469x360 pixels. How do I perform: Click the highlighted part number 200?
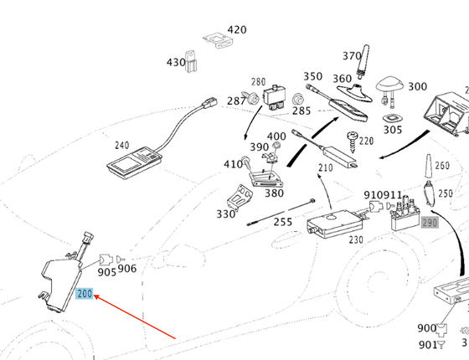(85, 294)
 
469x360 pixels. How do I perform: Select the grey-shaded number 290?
(430, 223)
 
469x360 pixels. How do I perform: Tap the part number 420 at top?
(237, 30)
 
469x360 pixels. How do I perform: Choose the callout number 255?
(283, 222)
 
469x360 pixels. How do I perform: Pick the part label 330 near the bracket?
(225, 213)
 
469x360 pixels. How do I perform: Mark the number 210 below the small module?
(325, 168)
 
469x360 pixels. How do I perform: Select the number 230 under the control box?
(357, 240)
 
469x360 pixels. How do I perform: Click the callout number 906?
(126, 268)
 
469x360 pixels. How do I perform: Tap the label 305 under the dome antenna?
(392, 129)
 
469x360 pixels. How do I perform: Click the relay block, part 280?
(277, 98)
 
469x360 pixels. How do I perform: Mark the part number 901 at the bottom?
(427, 343)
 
